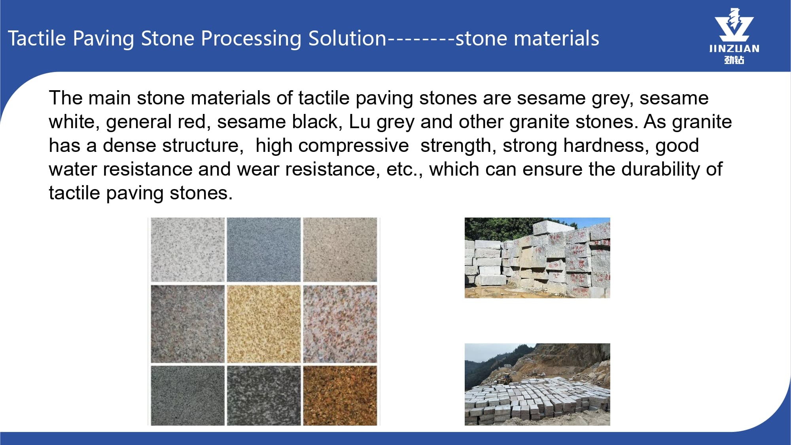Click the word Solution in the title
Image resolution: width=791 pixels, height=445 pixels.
[347, 38]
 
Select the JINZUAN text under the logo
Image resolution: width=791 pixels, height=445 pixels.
[734, 49]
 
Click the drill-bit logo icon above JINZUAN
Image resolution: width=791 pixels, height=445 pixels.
[734, 25]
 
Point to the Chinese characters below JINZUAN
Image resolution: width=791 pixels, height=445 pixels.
[734, 60]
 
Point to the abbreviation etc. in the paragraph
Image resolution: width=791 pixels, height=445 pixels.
[404, 170]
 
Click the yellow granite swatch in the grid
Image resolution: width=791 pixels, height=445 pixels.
[264, 324]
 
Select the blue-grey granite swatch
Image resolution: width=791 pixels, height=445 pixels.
[264, 250]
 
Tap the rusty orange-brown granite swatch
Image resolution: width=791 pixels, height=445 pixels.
[340, 396]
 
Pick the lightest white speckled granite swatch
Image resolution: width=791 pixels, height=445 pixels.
[187, 250]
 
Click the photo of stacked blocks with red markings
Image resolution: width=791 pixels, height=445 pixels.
[537, 258]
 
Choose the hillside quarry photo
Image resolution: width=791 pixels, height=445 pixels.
[537, 384]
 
